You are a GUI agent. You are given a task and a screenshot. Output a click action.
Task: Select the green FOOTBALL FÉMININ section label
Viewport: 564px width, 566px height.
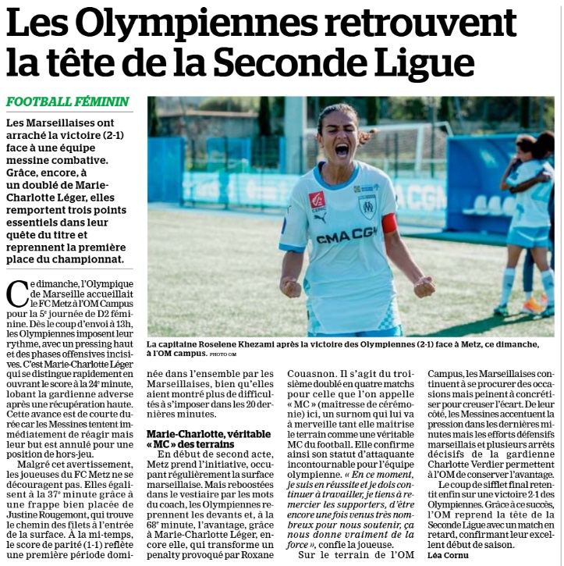68,102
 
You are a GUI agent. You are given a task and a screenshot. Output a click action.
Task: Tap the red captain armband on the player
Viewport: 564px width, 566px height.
388,224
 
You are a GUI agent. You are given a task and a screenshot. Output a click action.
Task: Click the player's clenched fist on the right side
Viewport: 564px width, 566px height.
424,287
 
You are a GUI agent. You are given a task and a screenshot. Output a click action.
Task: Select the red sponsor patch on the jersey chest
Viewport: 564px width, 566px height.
317,201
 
